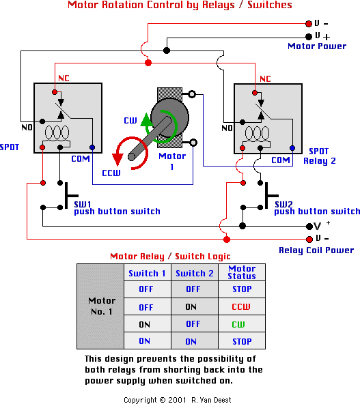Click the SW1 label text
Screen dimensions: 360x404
click(83, 204)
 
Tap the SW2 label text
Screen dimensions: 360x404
click(283, 204)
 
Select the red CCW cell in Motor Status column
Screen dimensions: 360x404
click(241, 306)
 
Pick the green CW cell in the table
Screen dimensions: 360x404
click(238, 324)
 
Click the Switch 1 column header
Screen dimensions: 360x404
click(147, 273)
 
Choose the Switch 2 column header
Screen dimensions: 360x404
click(195, 273)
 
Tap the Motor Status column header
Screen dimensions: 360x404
click(242, 272)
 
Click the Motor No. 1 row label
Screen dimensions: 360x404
click(102, 306)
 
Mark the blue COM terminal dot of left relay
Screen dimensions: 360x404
click(92, 147)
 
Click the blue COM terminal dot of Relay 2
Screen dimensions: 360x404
click(292, 148)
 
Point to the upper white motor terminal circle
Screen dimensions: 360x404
click(192, 94)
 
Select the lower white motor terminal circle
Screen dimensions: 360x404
click(193, 143)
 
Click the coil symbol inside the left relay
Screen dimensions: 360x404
click(57, 136)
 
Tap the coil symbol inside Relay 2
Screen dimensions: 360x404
click(257, 136)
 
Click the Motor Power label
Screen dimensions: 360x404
click(317, 46)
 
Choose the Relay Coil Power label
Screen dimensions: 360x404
click(316, 250)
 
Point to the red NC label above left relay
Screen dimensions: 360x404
click(64, 78)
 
